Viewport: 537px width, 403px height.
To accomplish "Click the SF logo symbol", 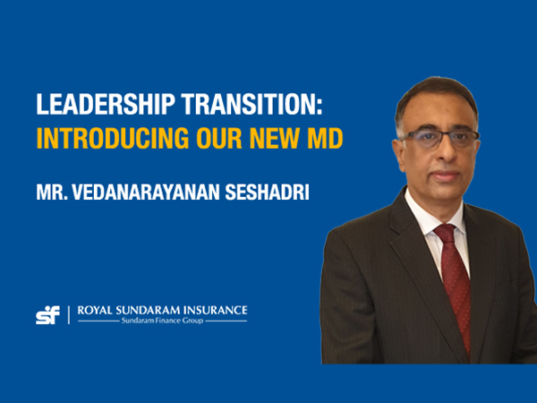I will click(x=47, y=314).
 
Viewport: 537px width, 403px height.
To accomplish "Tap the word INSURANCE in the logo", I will click(x=217, y=311).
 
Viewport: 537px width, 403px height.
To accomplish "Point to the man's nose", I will click(x=440, y=154).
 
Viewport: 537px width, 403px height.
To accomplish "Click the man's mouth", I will click(x=442, y=176).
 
